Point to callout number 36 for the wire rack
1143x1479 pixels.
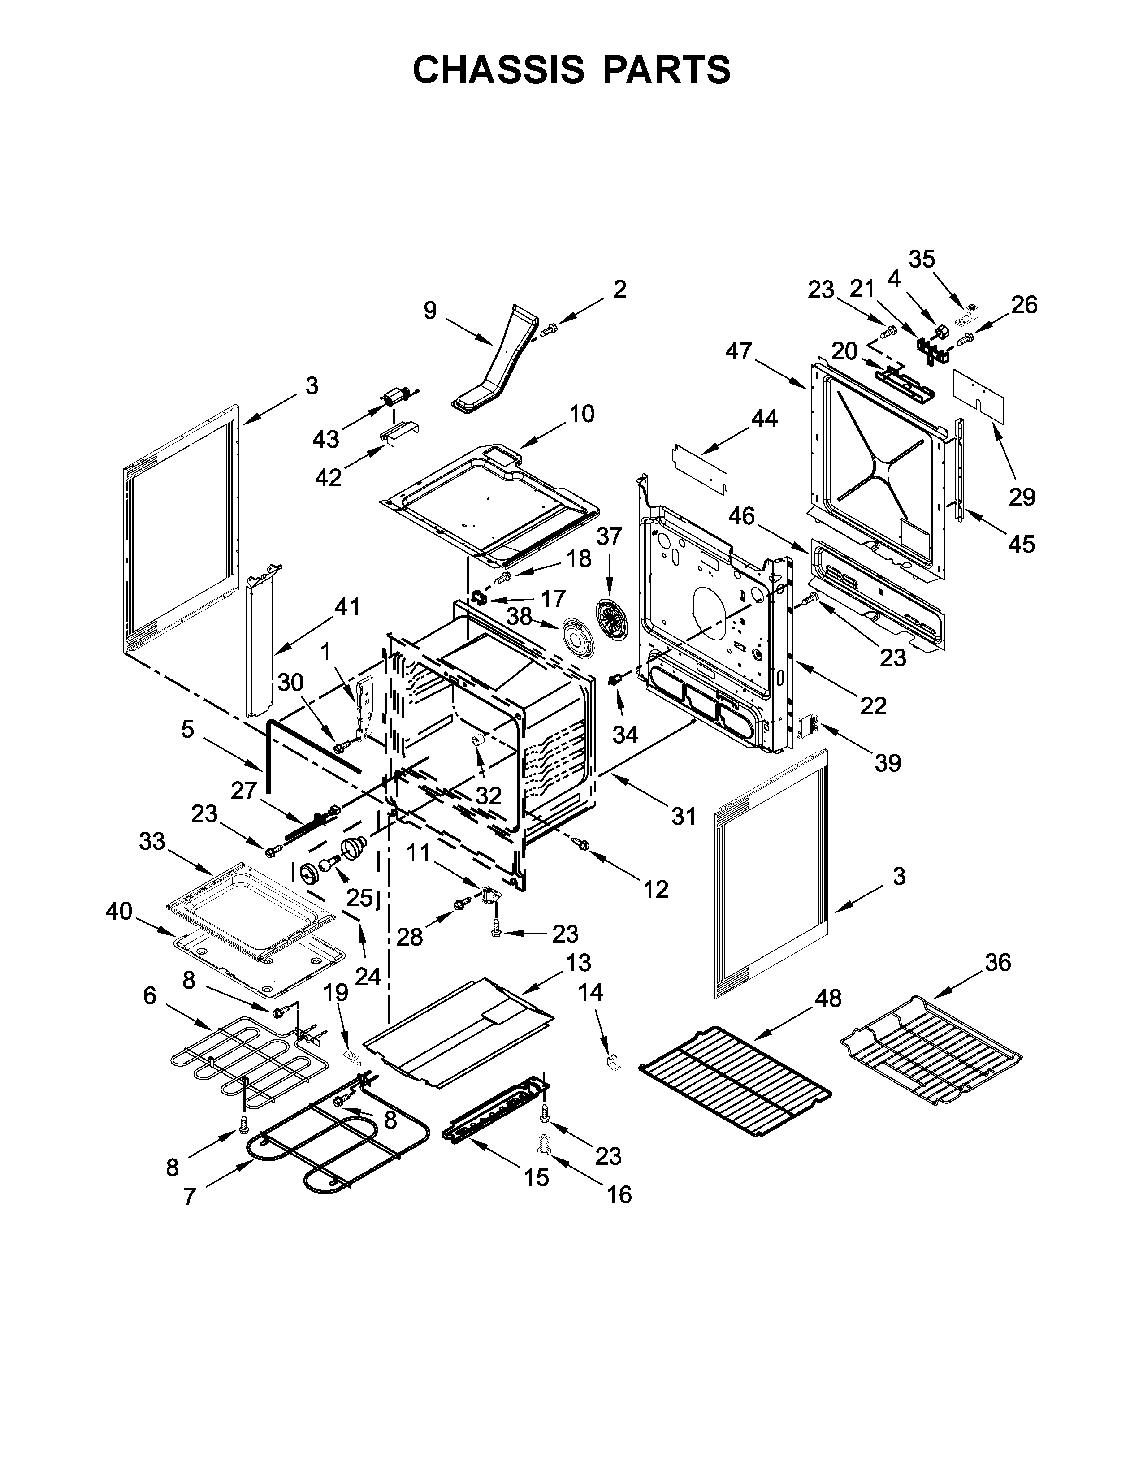pos(997,962)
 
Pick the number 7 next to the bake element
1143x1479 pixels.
pos(190,1197)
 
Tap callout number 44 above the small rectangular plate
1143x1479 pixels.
pos(763,419)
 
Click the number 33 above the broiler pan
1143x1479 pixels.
pos(152,841)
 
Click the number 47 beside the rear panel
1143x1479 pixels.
pos(739,351)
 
